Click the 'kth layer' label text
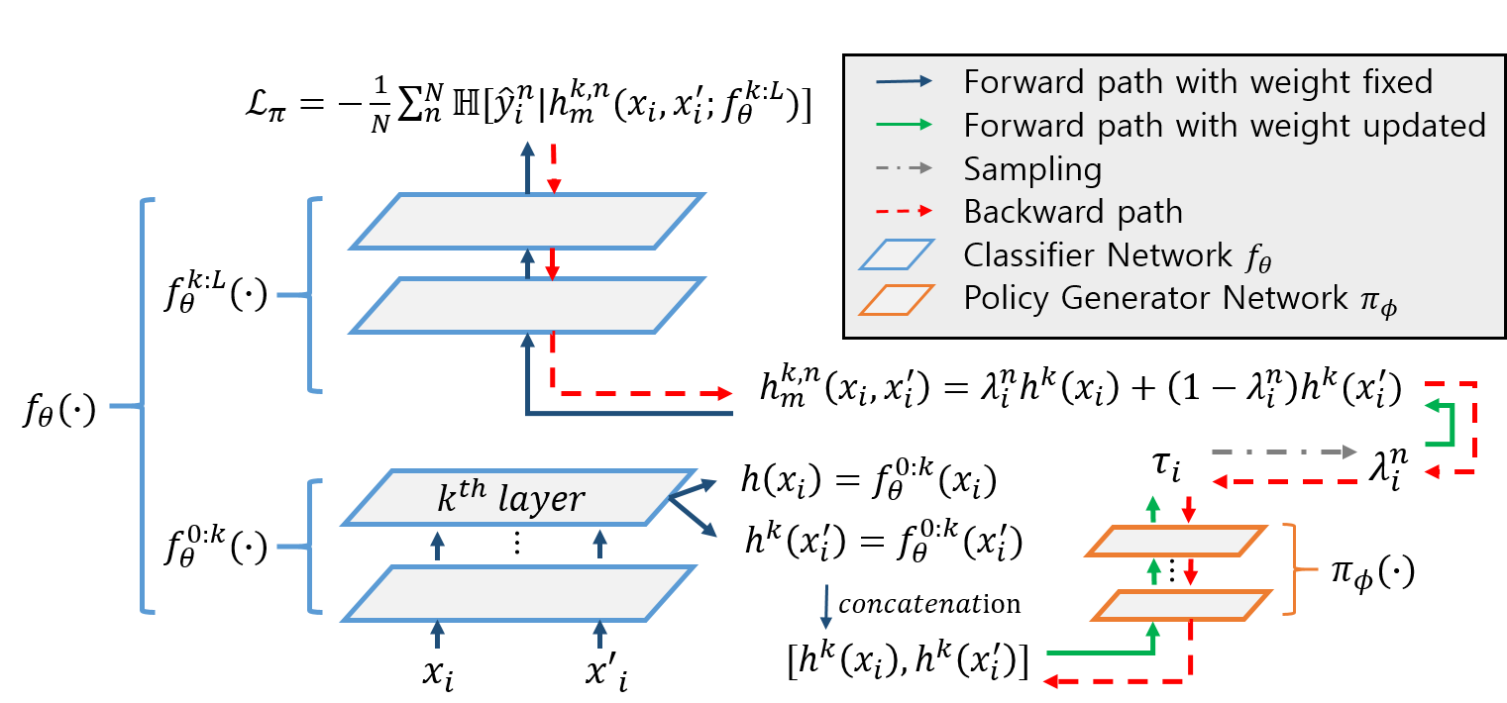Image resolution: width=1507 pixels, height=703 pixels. coord(510,499)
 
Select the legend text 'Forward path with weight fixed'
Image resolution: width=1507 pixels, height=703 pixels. coord(1198,81)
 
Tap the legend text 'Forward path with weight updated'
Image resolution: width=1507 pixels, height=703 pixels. coord(1225,125)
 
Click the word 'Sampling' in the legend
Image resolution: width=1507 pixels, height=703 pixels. coord(1032,168)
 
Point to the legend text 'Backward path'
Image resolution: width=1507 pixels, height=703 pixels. coord(1073,212)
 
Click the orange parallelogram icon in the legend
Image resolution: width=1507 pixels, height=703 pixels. coord(897,299)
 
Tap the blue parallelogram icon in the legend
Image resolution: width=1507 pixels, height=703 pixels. coord(897,255)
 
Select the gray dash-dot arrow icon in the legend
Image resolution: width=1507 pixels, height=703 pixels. coord(904,168)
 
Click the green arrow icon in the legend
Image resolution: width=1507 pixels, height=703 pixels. coord(904,125)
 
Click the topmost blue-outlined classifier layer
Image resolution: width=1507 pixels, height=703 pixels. coord(527,220)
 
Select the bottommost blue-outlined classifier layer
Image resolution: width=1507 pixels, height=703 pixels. coord(519,593)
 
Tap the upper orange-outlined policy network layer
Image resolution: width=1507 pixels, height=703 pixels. coord(1176,542)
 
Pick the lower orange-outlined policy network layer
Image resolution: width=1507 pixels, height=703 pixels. coord(1181,605)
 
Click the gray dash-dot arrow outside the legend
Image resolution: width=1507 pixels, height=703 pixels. coord(1283,452)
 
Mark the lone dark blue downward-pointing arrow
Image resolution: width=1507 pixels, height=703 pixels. coord(825,606)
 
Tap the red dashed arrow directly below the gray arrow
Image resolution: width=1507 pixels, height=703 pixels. coord(1283,481)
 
